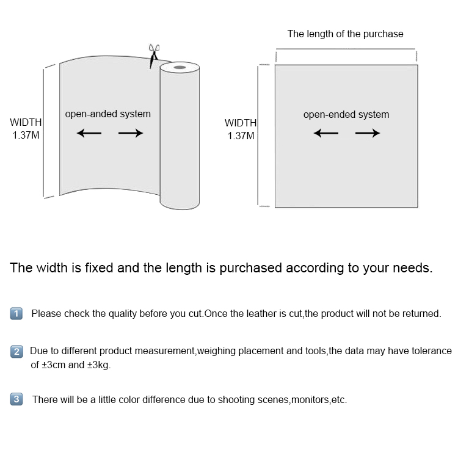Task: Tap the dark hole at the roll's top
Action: tap(180, 67)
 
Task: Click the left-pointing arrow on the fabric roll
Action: tap(89, 133)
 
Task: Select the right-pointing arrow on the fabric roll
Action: tap(130, 133)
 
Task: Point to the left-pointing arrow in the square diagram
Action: tap(325, 133)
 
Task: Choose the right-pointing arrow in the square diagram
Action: tap(367, 133)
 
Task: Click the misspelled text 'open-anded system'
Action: tap(107, 114)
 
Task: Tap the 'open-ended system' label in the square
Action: tap(346, 115)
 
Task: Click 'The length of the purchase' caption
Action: tap(345, 34)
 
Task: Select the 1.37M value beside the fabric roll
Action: tap(26, 136)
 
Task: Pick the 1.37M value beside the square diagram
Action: tap(241, 136)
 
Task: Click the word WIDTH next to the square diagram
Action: tap(241, 123)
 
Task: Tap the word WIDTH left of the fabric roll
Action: tap(26, 123)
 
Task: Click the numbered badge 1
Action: tap(16, 314)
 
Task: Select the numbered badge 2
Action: tap(16, 352)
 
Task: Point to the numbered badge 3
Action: tap(16, 400)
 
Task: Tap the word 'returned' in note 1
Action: tap(421, 314)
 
